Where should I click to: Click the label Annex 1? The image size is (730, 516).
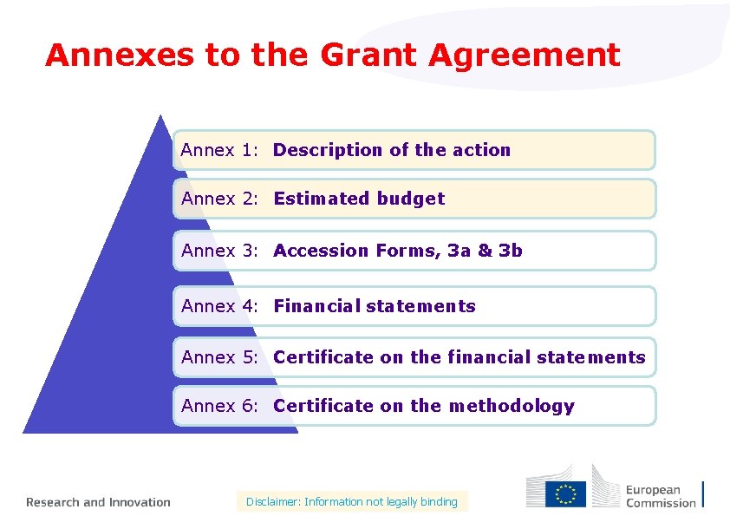coord(220,150)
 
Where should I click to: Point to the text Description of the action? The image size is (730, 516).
coord(392,150)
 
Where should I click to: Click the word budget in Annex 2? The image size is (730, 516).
coord(410,199)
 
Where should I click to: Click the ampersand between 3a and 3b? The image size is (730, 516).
coord(484,251)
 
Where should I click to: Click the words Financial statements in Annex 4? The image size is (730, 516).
coord(375,306)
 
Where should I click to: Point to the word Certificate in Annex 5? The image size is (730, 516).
coord(323,357)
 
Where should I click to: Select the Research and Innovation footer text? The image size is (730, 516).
coord(98,502)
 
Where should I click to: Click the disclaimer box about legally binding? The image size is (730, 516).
coord(351,501)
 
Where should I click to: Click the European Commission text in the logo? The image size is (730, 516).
coord(661,496)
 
